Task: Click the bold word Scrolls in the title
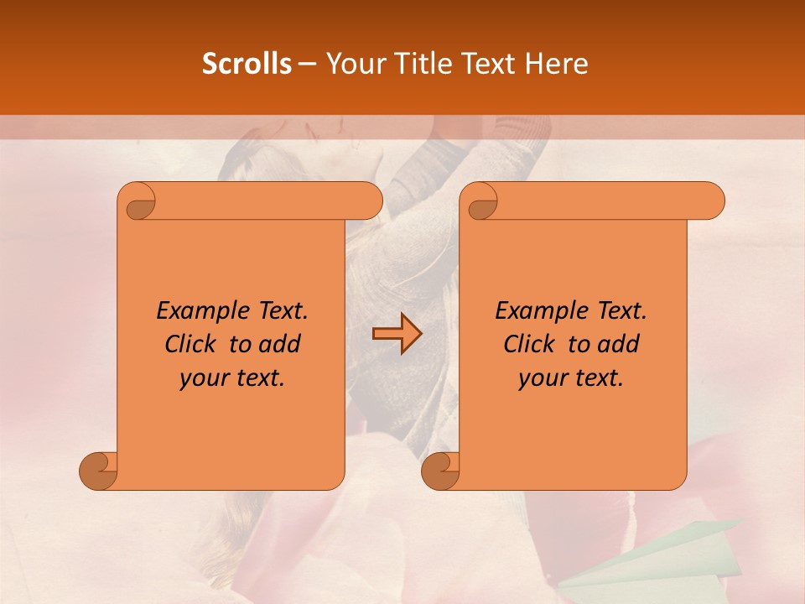click(247, 64)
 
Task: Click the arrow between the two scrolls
click(397, 334)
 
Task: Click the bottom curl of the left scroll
click(99, 471)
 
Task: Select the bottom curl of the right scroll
click(441, 471)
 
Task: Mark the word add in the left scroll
click(279, 344)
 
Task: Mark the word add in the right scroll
click(618, 344)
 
